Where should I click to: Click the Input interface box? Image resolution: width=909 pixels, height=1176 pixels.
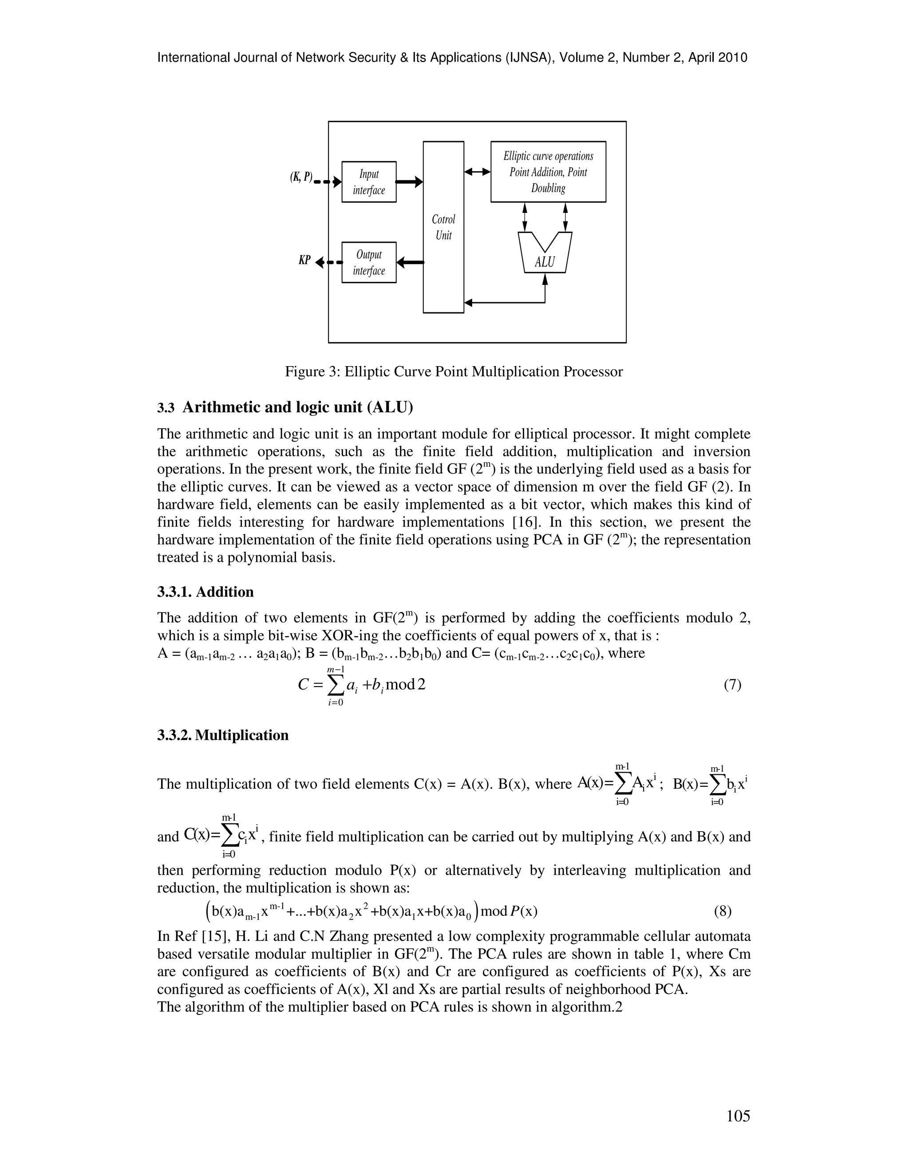tap(369, 182)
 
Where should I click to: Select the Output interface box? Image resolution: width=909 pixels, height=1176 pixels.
tap(369, 262)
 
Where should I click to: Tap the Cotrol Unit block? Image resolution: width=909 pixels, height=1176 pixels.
tap(443, 227)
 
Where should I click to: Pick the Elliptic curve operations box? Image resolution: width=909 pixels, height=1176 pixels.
tap(548, 172)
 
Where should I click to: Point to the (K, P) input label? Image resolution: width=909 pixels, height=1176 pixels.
tap(301, 177)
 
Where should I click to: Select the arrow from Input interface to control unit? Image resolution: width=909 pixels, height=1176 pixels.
tap(409, 182)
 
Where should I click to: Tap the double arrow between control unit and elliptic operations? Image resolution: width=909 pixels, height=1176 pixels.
tap(477, 172)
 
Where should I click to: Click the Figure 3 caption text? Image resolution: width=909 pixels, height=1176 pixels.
tap(454, 371)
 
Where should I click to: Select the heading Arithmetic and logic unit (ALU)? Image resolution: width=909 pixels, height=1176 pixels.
tap(297, 408)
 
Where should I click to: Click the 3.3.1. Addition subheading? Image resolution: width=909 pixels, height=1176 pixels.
tap(205, 592)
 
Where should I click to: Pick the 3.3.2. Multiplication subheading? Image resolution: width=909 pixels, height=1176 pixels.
tap(223, 735)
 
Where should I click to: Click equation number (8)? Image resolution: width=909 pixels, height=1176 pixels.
tap(723, 911)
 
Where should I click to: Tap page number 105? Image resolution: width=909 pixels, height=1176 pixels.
tap(737, 1116)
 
